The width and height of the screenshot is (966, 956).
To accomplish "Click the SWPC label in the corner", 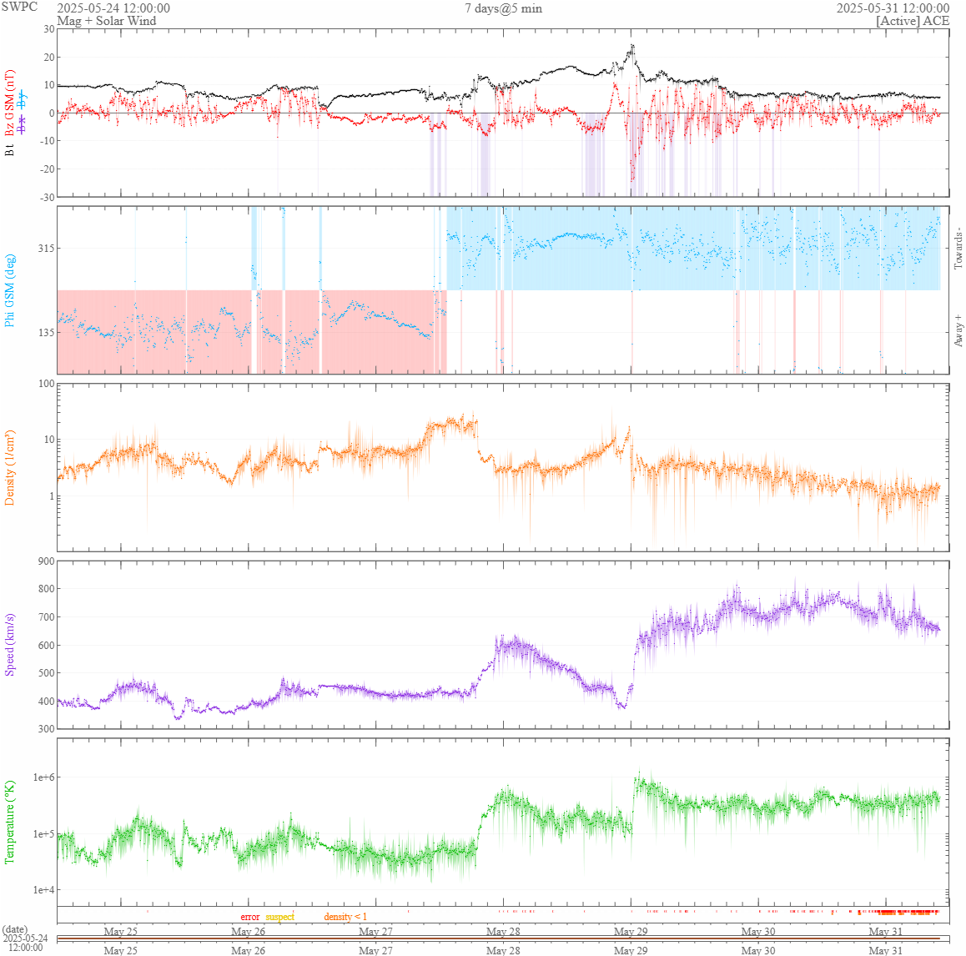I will [18, 7].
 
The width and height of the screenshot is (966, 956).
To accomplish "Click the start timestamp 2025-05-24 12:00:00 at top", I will [113, 8].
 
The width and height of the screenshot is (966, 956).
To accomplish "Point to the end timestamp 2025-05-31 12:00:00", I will [893, 8].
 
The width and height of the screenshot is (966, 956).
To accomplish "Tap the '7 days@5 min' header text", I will [503, 8].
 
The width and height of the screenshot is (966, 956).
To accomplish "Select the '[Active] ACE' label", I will [913, 21].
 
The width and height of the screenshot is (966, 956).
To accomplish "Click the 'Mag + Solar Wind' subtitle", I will [106, 21].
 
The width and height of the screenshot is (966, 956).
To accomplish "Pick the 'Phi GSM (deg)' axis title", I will [10, 289].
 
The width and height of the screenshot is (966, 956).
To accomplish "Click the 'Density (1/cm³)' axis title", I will [10, 467].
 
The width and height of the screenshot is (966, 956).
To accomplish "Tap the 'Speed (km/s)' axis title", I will [10, 644].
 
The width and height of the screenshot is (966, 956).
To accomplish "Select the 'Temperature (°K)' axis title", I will [10, 822].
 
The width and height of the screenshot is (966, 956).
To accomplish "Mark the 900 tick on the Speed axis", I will [44, 561].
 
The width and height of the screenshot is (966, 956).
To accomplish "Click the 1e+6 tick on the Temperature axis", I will [42, 777].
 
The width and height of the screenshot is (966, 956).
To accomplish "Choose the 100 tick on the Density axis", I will [44, 385].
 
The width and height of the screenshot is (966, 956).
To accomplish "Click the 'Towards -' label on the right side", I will [958, 248].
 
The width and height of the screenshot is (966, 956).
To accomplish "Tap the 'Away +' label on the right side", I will [958, 331].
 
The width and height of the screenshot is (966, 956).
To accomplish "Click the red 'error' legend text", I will [250, 917].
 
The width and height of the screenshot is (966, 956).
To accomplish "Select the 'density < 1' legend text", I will [345, 917].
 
